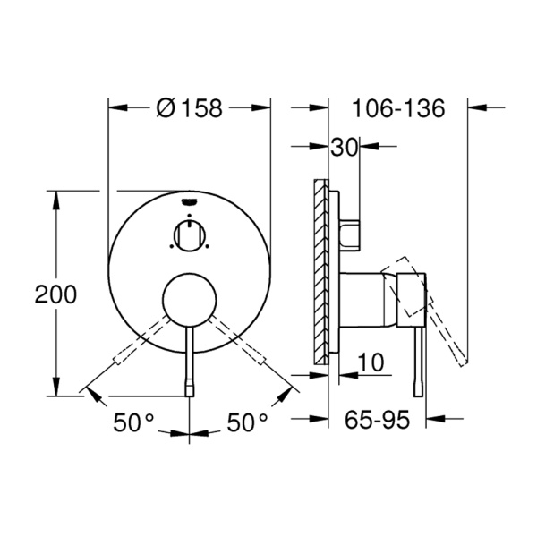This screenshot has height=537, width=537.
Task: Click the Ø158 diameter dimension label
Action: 190,108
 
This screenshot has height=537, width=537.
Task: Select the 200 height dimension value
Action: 55,294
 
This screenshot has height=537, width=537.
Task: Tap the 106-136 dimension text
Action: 398,108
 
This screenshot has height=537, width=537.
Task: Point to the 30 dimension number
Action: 345,148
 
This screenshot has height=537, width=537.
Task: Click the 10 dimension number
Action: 371,362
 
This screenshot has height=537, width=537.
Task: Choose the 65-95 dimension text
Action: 377,420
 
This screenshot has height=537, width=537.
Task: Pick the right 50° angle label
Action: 247,422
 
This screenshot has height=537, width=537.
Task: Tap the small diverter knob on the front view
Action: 190,235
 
